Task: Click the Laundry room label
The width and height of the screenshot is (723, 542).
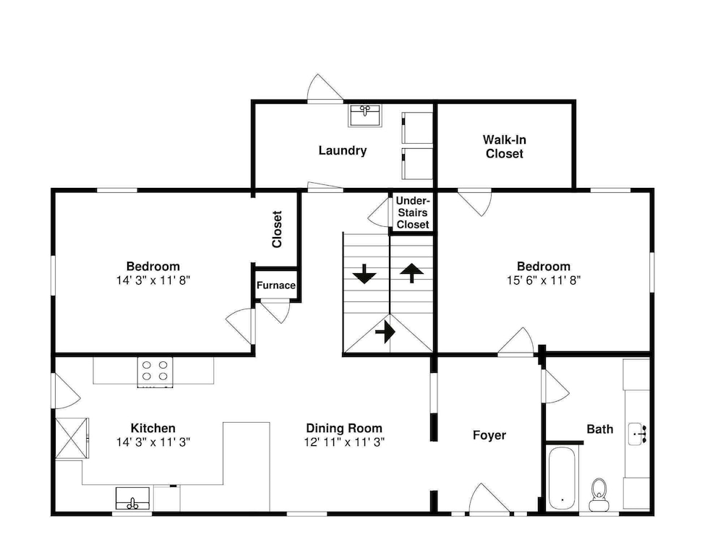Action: [x=343, y=151]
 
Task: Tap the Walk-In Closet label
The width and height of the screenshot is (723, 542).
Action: [x=505, y=147]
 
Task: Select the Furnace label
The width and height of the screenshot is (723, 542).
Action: [x=275, y=285]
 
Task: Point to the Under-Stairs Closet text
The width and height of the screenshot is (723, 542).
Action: [x=413, y=212]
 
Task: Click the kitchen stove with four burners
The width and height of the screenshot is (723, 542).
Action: [x=155, y=371]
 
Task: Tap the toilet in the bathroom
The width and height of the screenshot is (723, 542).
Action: [x=599, y=494]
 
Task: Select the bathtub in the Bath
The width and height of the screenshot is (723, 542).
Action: [x=562, y=478]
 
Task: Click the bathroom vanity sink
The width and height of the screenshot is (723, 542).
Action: [x=638, y=434]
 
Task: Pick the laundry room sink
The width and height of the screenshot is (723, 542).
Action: [x=364, y=115]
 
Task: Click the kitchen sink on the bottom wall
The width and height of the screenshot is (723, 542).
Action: [x=132, y=499]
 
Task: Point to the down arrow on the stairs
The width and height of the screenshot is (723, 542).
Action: [x=364, y=274]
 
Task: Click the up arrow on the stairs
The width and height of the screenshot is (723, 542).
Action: [x=411, y=272]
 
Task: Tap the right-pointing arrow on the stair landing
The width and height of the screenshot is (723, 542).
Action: [x=385, y=332]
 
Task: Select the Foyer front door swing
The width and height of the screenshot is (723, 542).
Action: [x=489, y=498]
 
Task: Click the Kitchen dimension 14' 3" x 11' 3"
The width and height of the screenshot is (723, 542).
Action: [x=153, y=442]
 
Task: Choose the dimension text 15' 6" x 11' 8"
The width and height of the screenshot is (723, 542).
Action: [x=544, y=280]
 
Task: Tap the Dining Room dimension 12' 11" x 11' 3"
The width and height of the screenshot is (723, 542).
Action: [x=344, y=442]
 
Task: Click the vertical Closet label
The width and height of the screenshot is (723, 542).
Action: [x=277, y=229]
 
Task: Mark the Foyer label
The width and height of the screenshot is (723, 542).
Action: [x=489, y=435]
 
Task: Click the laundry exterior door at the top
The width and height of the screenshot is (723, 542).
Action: [x=325, y=88]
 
